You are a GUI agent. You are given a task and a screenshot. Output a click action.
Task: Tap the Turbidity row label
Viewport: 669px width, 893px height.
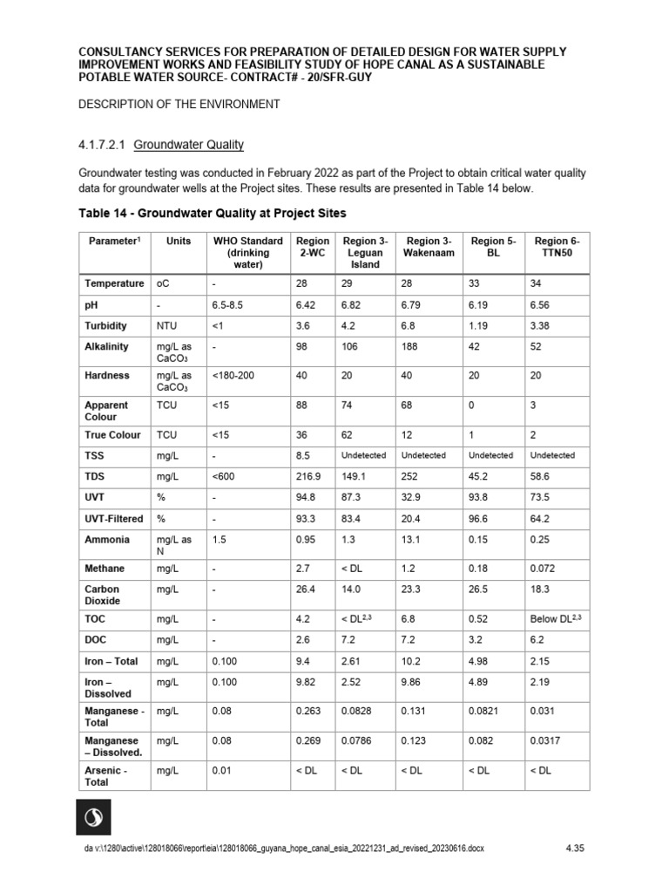tap(105, 325)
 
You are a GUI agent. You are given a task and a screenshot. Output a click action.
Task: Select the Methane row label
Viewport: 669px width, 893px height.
tap(105, 569)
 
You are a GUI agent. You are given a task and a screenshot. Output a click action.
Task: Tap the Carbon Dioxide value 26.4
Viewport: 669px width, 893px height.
tap(310, 590)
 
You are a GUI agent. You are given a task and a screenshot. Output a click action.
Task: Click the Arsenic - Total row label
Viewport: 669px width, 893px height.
tap(106, 775)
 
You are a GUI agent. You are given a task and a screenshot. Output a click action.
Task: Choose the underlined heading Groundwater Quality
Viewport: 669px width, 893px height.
tap(188, 145)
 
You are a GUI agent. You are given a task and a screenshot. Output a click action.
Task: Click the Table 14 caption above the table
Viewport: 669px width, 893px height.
tap(213, 213)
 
